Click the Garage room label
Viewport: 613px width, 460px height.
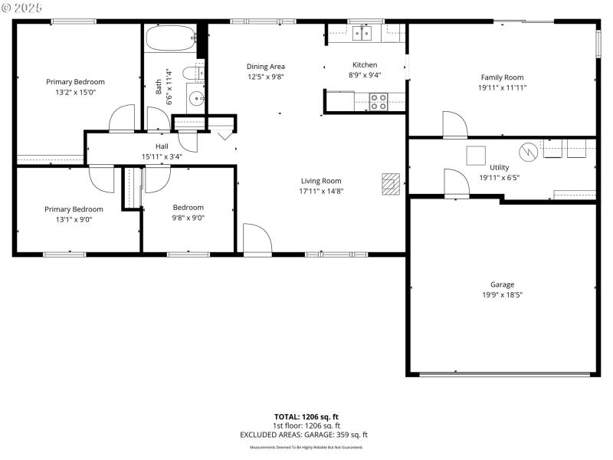[x=502, y=284]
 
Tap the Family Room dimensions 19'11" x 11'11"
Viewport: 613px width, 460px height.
[x=502, y=87]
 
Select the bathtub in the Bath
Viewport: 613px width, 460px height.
[x=171, y=38]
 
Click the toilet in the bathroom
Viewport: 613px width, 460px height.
[x=198, y=74]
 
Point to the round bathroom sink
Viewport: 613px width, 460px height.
[x=196, y=98]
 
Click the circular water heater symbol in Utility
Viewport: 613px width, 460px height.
[x=528, y=150]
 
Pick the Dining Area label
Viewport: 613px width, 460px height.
[x=266, y=66]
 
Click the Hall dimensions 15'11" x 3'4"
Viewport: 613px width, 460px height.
[x=162, y=156]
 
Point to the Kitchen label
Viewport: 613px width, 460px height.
[x=365, y=64]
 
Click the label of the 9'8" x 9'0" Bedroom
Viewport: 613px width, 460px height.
[x=188, y=207]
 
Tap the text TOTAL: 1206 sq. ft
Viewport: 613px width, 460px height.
[x=306, y=417]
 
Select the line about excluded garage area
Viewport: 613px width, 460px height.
[x=306, y=435]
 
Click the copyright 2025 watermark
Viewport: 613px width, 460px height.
[x=22, y=7]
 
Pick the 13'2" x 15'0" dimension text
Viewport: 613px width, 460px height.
[x=75, y=92]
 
